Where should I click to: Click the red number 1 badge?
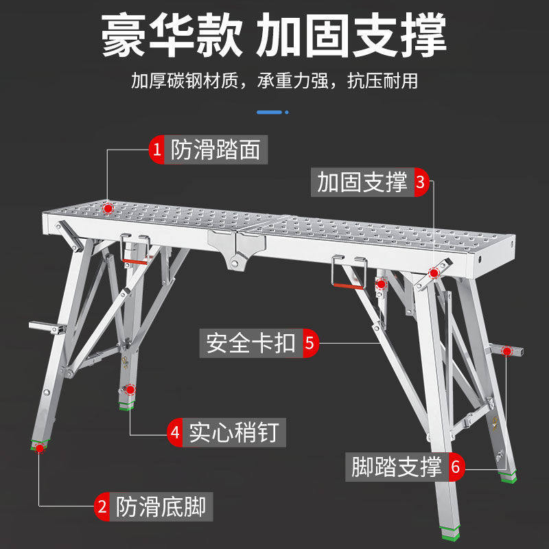point(158,150)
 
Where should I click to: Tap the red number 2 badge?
point(102,507)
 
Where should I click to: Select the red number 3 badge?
point(420,183)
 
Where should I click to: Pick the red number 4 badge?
point(176,433)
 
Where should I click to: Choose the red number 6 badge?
point(456,468)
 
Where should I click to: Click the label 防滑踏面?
point(215,150)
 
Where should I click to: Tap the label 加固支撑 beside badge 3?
point(362,183)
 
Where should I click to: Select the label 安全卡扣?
point(251,342)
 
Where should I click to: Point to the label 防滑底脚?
point(160,507)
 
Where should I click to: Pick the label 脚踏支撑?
point(397,468)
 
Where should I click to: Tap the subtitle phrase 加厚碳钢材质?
point(185,81)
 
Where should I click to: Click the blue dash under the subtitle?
point(270,111)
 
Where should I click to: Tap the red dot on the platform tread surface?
point(108,205)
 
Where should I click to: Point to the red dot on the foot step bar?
point(506,351)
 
